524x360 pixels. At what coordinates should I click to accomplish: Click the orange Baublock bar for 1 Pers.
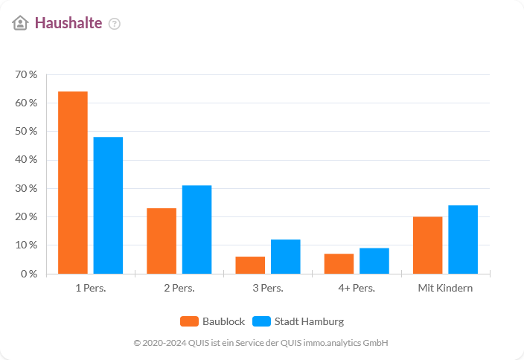coord(73,182)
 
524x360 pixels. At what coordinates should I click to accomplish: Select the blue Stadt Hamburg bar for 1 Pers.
coord(108,205)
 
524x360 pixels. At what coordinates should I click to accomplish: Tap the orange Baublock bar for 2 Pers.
coord(162,241)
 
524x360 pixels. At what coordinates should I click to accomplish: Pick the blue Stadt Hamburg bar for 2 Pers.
coord(196,229)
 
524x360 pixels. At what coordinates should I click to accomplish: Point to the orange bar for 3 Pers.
coord(250,266)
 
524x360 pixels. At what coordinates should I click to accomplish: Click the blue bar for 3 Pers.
coord(285,257)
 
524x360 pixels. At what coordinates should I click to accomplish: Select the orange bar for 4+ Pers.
coord(339,264)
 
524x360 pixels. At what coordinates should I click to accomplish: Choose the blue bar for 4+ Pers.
coord(374,261)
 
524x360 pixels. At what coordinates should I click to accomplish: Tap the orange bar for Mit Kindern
coord(427,245)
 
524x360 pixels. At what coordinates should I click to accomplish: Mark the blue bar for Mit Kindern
coord(462,240)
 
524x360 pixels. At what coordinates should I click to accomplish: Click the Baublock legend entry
coord(213,321)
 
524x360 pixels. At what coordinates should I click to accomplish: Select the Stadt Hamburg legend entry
coord(298,321)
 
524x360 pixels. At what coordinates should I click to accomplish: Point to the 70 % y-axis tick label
coord(26,74)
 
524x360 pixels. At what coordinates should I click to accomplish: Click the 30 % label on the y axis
coord(26,188)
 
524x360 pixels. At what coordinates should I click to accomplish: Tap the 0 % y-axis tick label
coord(28,274)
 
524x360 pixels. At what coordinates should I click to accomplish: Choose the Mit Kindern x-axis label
coord(445,288)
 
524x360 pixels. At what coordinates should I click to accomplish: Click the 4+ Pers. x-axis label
coord(356,288)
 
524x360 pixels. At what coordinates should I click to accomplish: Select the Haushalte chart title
coord(68,23)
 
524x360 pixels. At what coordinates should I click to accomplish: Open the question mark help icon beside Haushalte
coord(114,24)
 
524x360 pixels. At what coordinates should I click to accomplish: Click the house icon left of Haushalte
coord(20,23)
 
